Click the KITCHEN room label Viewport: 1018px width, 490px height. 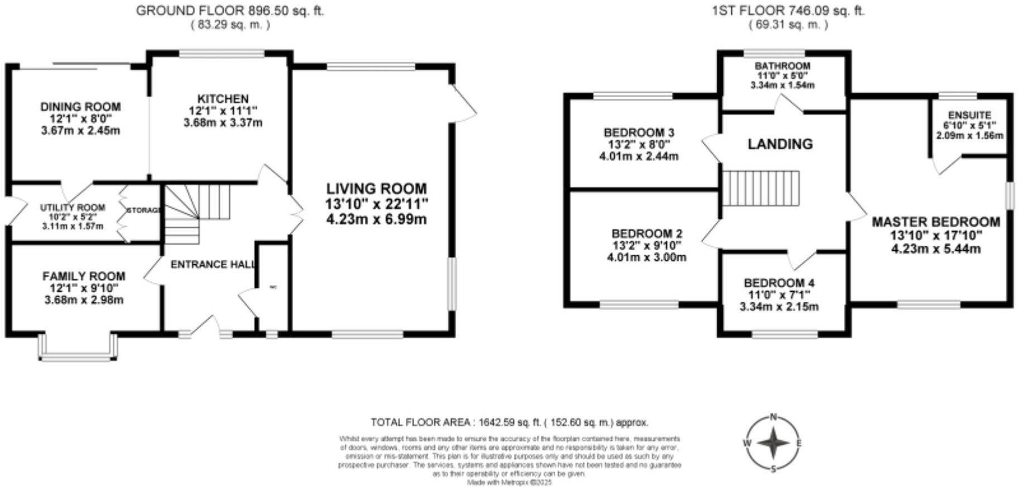(222, 99)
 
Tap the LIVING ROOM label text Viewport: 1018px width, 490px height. (376, 189)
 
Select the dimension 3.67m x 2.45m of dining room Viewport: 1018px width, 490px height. (80, 131)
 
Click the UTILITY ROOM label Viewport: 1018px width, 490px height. (73, 208)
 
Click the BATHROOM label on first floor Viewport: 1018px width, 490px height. (782, 66)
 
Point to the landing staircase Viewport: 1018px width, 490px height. (761, 188)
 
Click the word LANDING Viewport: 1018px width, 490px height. (780, 144)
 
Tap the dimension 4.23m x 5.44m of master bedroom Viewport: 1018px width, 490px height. (936, 249)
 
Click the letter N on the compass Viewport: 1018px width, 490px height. (774, 416)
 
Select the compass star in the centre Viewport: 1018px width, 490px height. (774, 443)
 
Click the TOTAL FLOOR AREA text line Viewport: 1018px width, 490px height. (509, 422)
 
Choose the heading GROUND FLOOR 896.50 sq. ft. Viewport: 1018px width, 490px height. (230, 11)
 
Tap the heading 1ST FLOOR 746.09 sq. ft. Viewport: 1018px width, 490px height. (788, 11)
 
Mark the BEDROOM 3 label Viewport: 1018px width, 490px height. (639, 132)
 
